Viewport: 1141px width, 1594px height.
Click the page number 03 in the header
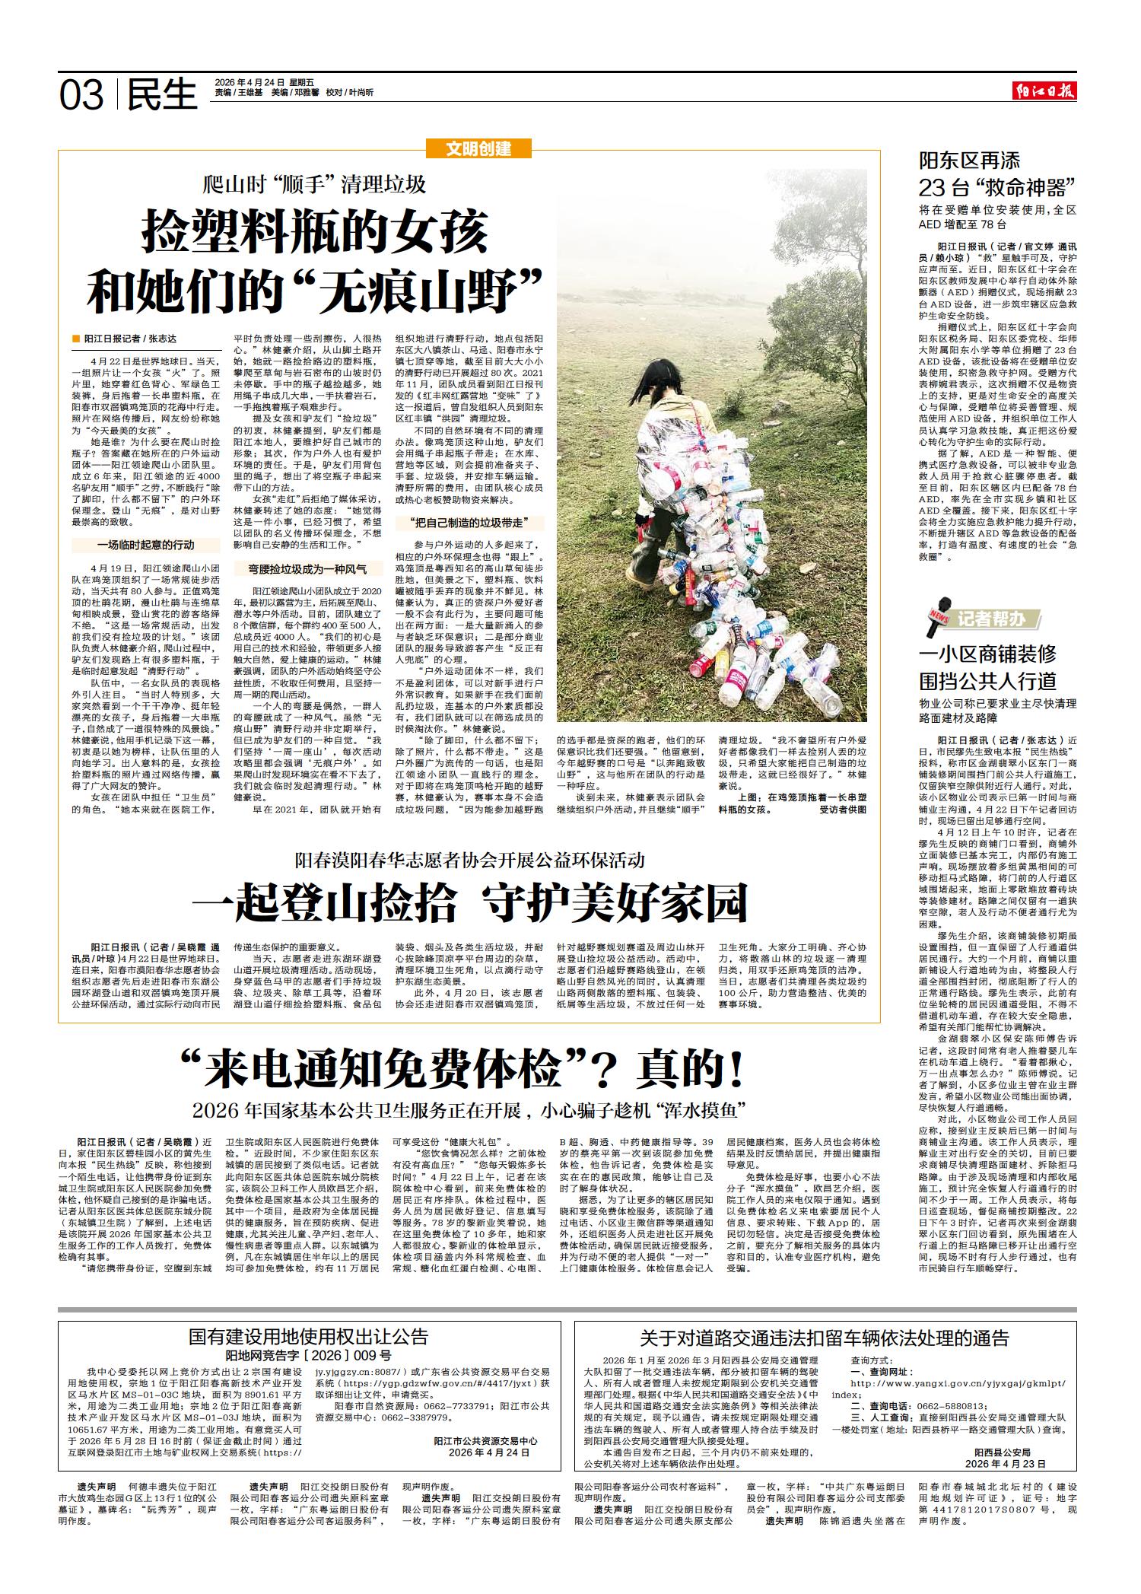[x=81, y=95]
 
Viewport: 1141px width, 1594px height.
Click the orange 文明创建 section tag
[x=478, y=149]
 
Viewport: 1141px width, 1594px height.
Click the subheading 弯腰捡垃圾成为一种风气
[x=307, y=568]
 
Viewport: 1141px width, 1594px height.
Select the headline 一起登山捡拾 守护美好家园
[x=470, y=902]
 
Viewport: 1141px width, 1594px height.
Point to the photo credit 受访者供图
[x=843, y=810]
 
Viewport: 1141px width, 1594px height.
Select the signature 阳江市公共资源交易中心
[x=485, y=1440]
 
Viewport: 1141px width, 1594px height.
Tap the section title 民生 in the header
[x=161, y=95]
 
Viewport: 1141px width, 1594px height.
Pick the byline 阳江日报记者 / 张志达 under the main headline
[x=130, y=339]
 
